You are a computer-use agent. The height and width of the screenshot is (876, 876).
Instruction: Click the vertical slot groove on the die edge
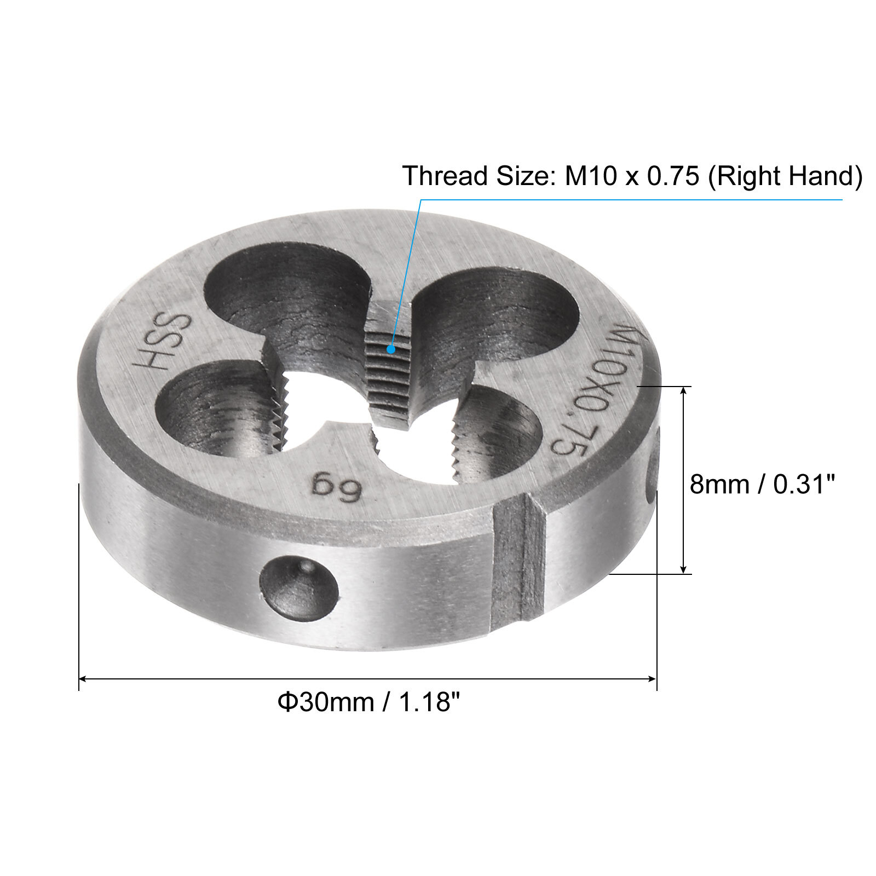[x=518, y=564]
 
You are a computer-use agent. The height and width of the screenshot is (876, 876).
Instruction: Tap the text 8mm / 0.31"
[x=762, y=485]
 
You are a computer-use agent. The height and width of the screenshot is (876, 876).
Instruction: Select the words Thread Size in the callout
[x=474, y=176]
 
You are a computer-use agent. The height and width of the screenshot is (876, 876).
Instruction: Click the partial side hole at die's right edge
[x=653, y=465]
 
